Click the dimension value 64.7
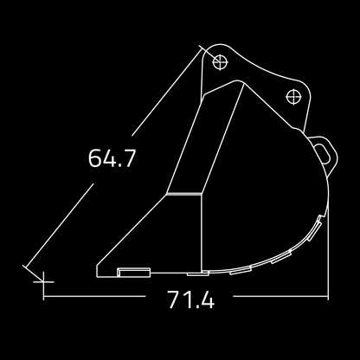(x=112, y=157)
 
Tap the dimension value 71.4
(x=191, y=299)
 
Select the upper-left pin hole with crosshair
(x=220, y=61)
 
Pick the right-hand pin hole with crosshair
(x=293, y=97)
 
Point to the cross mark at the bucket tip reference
(x=43, y=281)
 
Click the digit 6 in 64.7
(x=94, y=157)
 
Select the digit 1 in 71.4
(x=187, y=299)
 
